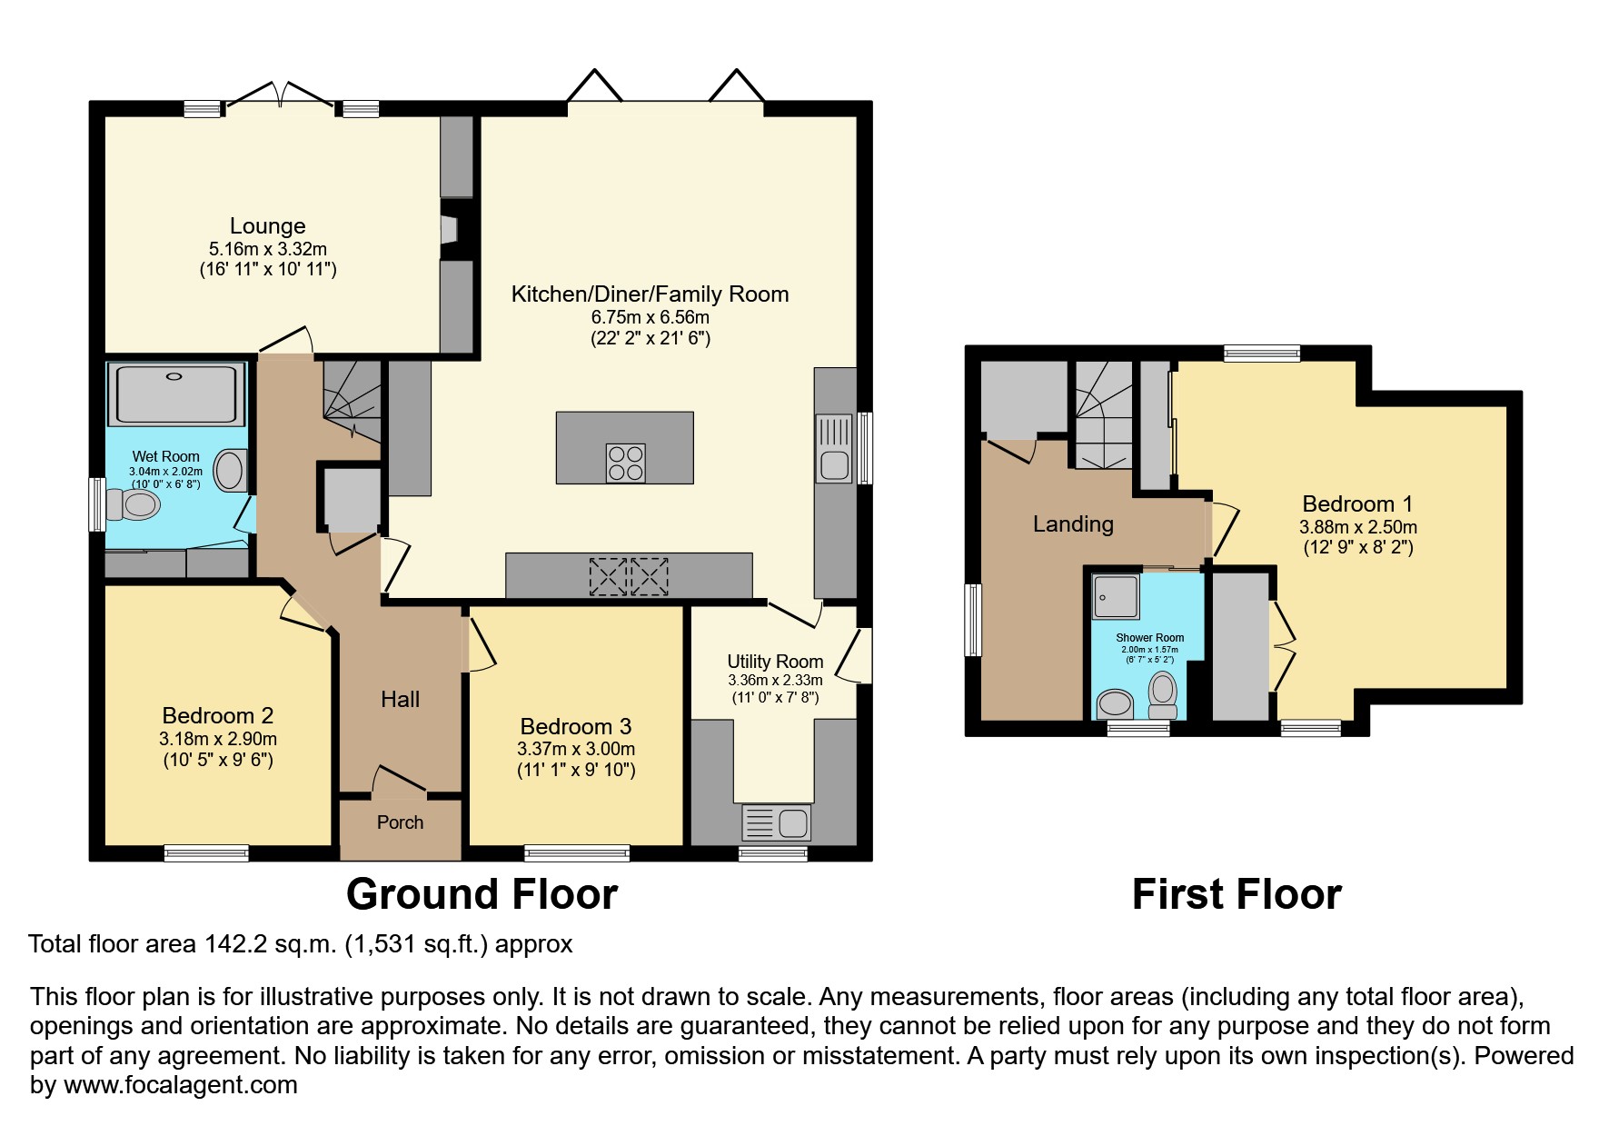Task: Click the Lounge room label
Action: [267, 225]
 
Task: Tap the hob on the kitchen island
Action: [625, 463]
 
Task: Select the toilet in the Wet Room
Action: [133, 505]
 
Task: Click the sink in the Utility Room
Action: [777, 823]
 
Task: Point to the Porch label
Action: [400, 822]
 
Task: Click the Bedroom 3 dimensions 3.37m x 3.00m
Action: [576, 750]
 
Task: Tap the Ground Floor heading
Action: [482, 894]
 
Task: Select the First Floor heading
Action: [1236, 894]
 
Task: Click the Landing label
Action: [1073, 524]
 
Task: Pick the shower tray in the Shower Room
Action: [1116, 596]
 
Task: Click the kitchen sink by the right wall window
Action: [833, 448]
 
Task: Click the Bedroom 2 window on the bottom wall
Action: [206, 853]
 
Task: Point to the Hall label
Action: [400, 699]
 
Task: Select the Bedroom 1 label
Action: [1357, 504]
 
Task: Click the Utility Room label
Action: [775, 662]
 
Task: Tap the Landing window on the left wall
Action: [973, 620]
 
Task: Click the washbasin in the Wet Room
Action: [230, 472]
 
